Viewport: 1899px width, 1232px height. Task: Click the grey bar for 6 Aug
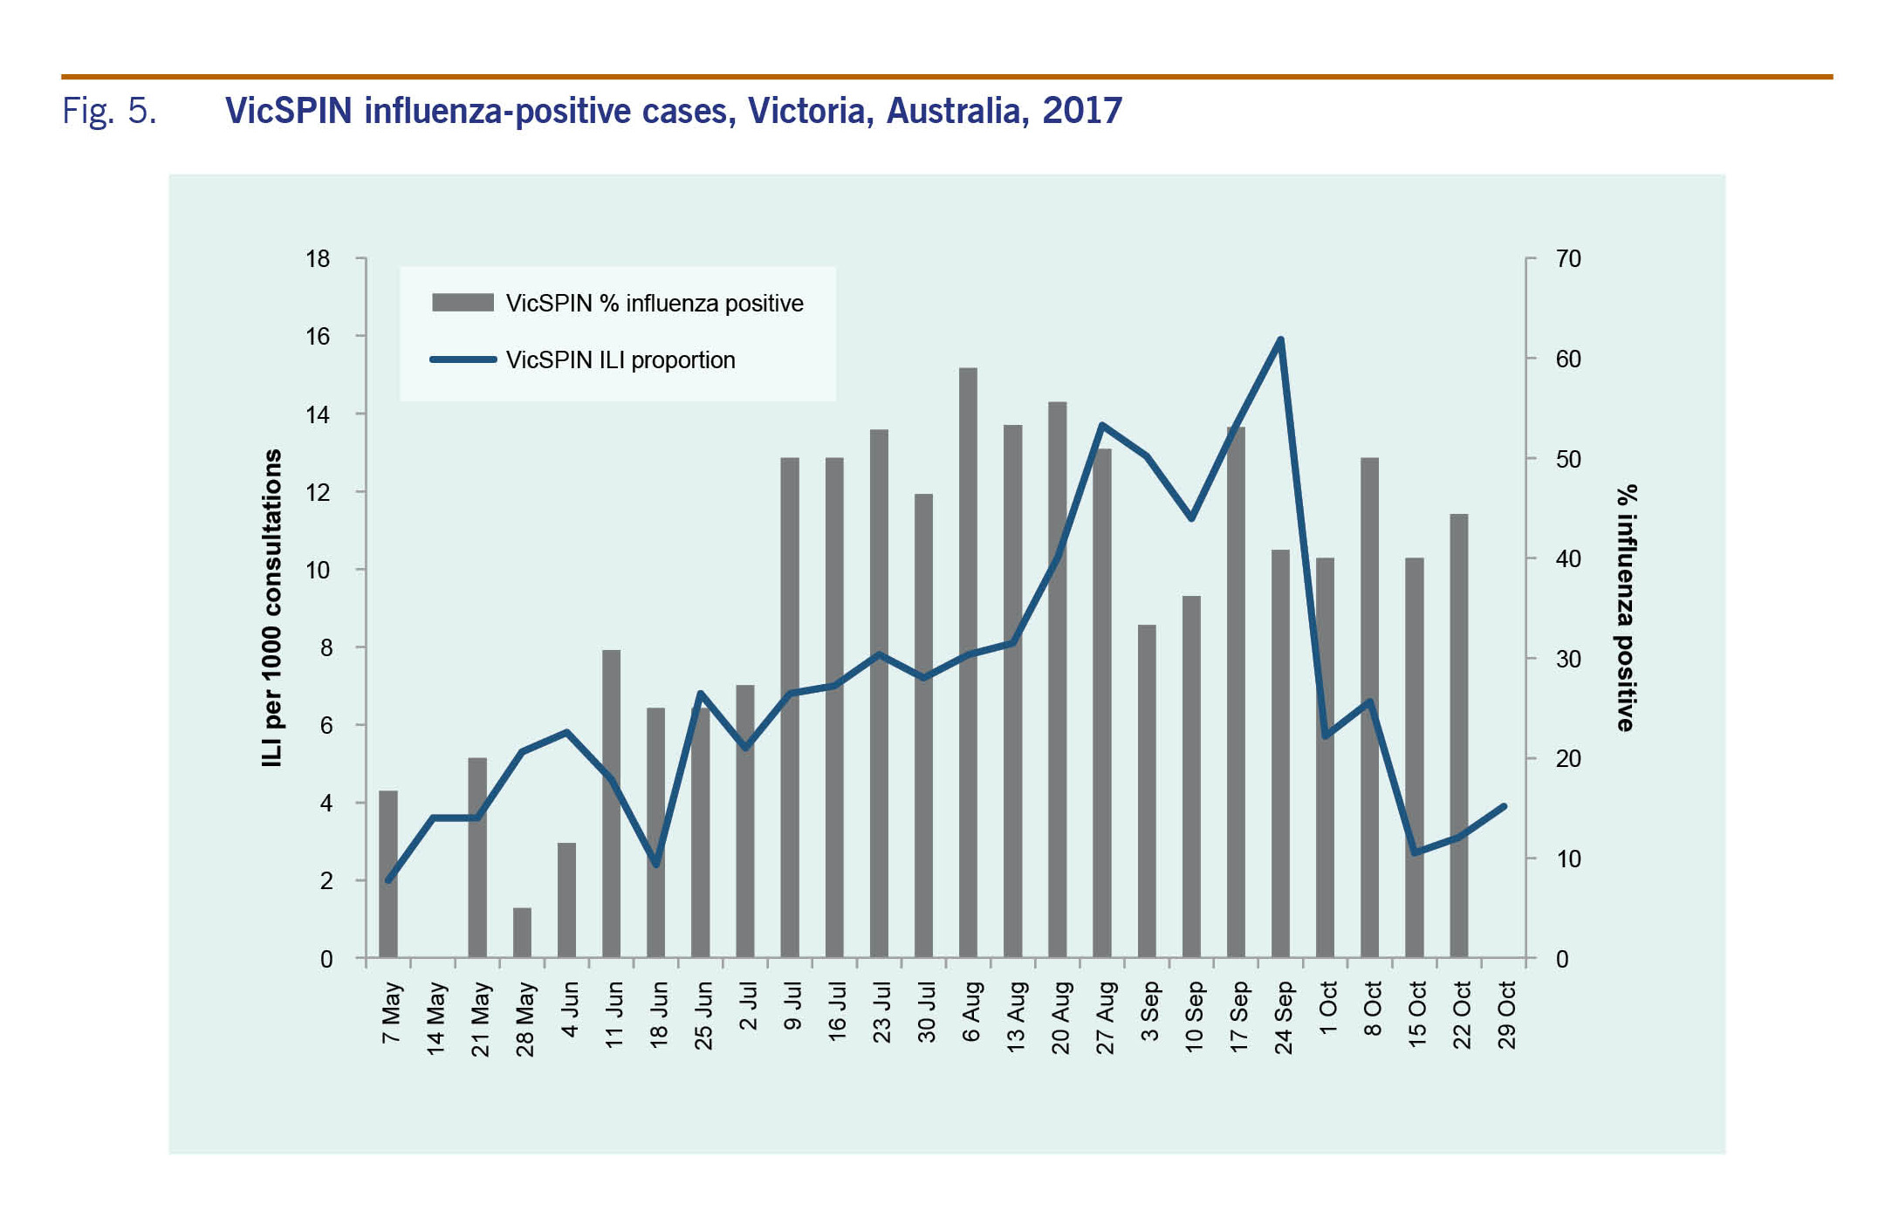[x=968, y=663]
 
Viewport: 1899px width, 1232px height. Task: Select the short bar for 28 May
[x=522, y=933]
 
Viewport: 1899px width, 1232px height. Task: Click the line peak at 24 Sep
[x=1280, y=339]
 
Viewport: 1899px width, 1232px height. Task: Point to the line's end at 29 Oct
[x=1504, y=807]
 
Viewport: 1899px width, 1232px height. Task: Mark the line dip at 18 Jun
[x=656, y=865]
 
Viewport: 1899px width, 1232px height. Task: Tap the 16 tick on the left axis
[x=319, y=337]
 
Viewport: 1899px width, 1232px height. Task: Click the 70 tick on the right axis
[x=1567, y=259]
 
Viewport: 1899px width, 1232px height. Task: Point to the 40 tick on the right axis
[x=1567, y=559]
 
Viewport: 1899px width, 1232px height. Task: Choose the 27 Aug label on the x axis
[x=1105, y=1017]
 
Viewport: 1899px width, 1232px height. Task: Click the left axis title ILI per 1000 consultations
[x=272, y=608]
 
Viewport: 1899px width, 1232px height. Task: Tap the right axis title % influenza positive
[x=1625, y=608]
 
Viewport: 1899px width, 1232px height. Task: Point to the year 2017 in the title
[x=1082, y=111]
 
